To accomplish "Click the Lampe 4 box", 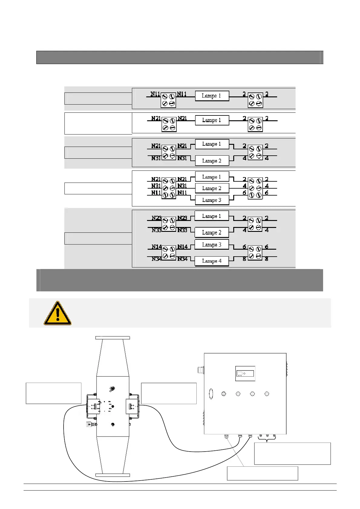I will click(211, 261).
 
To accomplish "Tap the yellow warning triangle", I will click(57, 313).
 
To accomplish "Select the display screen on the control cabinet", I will click(245, 374).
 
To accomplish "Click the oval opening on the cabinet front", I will click(211, 394).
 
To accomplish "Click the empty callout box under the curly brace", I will click(292, 453).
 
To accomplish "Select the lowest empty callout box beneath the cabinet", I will click(262, 473).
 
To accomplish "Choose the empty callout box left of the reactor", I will click(54, 393).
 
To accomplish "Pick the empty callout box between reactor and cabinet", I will click(169, 393).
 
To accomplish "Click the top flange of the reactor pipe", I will click(113, 338).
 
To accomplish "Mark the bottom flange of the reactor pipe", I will click(113, 475).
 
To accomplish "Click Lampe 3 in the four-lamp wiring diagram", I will click(211, 245).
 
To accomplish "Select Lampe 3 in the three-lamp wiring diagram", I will click(211, 200).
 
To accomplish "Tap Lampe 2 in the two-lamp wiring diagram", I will click(211, 161).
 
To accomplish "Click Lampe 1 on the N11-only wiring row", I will click(211, 96).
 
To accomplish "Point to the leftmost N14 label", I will click(157, 247).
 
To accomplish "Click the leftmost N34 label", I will click(157, 259).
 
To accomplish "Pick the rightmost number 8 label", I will click(267, 259).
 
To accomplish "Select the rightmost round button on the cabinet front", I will click(267, 394).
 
